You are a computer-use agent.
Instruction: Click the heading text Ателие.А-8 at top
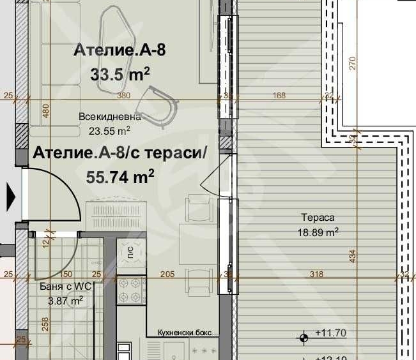point(119,50)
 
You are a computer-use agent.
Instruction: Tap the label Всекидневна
point(110,117)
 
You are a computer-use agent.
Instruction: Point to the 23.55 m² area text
point(110,131)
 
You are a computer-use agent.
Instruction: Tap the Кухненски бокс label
point(184,333)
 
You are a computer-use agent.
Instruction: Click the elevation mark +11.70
point(330,333)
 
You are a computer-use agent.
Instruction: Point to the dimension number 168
point(279,96)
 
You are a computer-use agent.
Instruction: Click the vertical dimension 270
point(351,63)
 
